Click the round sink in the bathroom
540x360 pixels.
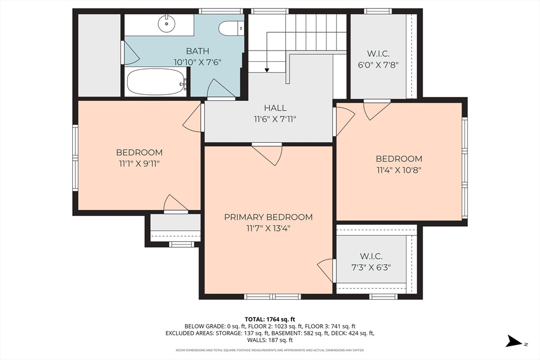pos(166,23)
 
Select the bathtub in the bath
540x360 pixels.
pos(157,82)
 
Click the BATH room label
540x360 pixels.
pos(197,51)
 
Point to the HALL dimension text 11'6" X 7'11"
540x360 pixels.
pos(275,120)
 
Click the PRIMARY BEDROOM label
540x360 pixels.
pos(268,217)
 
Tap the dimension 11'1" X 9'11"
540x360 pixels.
pos(139,163)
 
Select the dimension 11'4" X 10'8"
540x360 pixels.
pos(399,170)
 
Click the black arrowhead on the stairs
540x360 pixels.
pos(267,70)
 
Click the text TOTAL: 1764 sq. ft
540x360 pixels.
pos(270,319)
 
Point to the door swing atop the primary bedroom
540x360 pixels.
pos(267,154)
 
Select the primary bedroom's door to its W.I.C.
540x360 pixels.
pos(326,270)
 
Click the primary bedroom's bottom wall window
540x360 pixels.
pos(273,296)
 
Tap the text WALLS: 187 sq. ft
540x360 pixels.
pos(270,340)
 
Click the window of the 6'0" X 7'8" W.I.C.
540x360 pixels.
pos(378,11)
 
